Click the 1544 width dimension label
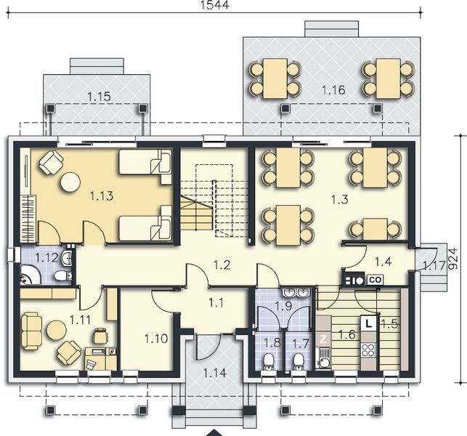215,5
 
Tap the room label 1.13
102,196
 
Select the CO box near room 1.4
375,280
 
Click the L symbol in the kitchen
369,323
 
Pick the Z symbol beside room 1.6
323,339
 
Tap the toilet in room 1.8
269,362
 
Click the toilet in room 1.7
298,362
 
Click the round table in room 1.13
70,182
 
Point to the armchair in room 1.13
52,162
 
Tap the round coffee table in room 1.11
57,331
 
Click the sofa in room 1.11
31,331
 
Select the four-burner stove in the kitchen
368,350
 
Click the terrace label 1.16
333,90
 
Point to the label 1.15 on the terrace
100,97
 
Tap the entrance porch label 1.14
215,373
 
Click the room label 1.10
156,339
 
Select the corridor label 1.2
222,265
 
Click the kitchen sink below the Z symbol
323,358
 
